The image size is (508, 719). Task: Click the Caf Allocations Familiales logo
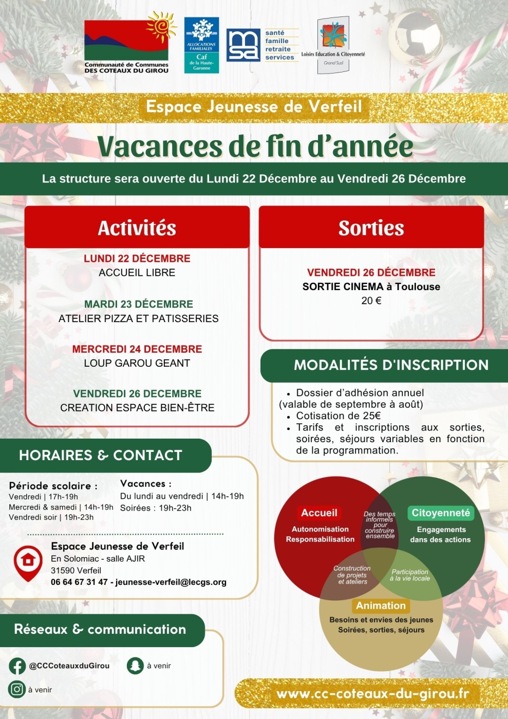[x=201, y=45]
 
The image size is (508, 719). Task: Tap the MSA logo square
[x=243, y=45]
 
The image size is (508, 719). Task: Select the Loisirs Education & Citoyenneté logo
[x=333, y=45]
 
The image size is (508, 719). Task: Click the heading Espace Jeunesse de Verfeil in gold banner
[x=254, y=107]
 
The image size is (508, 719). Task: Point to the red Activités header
[x=137, y=228]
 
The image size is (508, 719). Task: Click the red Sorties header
[x=371, y=228]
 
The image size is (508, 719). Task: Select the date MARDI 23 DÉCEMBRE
[x=139, y=304]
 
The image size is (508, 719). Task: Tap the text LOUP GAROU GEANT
[x=137, y=363]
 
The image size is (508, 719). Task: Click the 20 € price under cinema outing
[x=371, y=301]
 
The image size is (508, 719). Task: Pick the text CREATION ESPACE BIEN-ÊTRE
[x=137, y=408]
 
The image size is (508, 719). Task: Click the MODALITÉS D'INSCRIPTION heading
[x=391, y=365]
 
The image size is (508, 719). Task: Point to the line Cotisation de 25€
[x=338, y=416]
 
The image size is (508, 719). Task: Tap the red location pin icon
[x=28, y=562]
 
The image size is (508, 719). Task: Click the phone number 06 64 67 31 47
[x=79, y=582]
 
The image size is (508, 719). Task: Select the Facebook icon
[x=17, y=666]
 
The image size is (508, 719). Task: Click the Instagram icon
[x=17, y=689]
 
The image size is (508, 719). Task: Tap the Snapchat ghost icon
[x=135, y=666]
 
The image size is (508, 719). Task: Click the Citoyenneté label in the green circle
[x=441, y=513]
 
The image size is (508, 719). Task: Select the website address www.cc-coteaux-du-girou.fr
[x=372, y=694]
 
